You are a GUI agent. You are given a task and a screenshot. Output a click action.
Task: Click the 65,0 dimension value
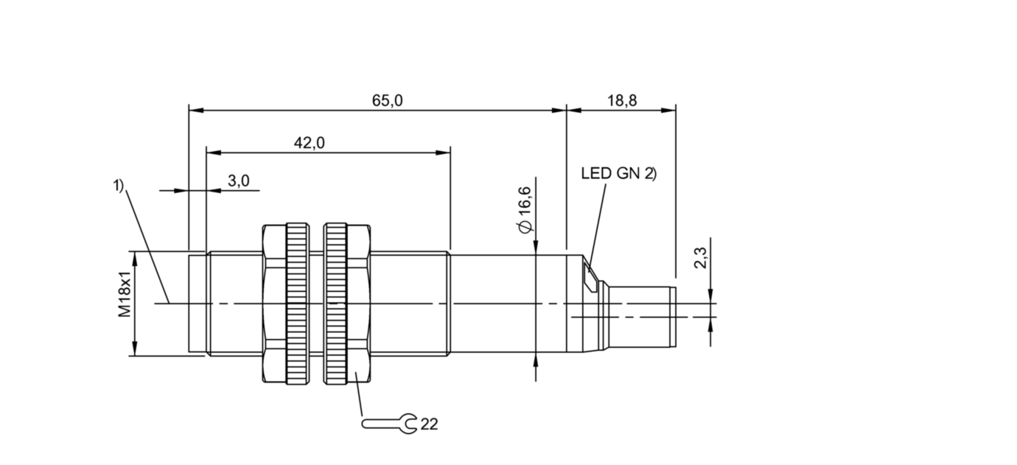click(x=387, y=100)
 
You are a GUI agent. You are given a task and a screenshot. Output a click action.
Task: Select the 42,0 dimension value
click(x=310, y=143)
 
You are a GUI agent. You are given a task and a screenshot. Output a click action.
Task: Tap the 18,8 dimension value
click(x=622, y=100)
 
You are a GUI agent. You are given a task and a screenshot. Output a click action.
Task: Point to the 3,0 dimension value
click(x=238, y=181)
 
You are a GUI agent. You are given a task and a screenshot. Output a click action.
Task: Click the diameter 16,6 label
click(x=525, y=210)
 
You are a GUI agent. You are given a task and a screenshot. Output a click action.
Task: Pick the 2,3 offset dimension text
click(x=701, y=258)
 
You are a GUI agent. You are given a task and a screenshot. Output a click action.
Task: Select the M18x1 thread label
click(x=125, y=294)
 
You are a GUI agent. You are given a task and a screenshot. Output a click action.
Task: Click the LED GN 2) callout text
click(x=619, y=173)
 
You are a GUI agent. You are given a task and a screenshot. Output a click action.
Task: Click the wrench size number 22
click(x=429, y=424)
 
